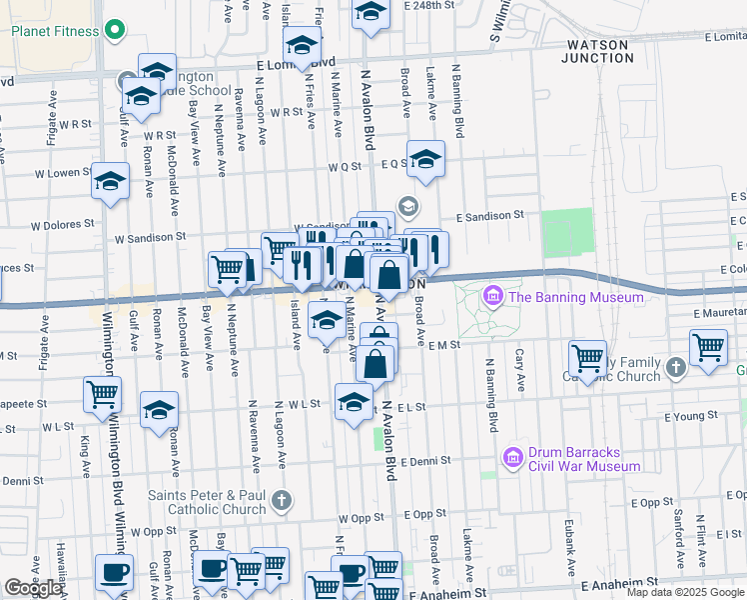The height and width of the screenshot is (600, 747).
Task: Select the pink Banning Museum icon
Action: tap(492, 297)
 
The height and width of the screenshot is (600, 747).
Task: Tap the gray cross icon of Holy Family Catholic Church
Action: tap(675, 368)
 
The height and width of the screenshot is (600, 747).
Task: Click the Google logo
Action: tap(33, 588)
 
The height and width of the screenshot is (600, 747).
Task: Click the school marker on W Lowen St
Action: tap(110, 181)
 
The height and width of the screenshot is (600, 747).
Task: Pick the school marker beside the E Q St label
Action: tap(425, 159)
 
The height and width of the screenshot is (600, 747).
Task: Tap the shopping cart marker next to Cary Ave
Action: tap(587, 357)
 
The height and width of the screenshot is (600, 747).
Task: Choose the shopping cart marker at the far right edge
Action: tap(708, 348)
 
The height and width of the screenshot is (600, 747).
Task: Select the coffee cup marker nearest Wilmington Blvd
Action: tap(113, 572)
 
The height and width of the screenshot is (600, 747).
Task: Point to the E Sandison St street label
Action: tap(490, 215)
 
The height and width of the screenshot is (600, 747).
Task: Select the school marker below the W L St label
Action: tap(354, 402)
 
